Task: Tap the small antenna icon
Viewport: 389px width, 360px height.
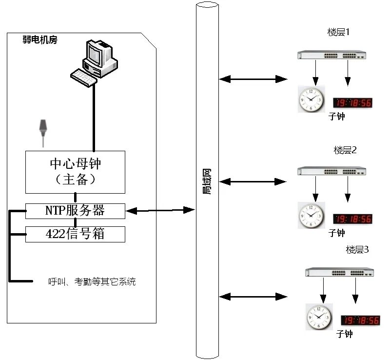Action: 43,129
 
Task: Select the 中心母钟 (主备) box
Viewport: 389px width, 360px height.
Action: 75,172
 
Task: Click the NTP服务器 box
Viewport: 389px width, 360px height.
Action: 75,211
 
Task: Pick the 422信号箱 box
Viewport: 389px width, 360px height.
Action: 75,234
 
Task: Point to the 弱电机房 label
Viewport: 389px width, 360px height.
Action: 40,40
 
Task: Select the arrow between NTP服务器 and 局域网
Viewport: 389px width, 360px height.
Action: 160,210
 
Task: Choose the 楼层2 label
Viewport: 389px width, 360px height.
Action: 345,150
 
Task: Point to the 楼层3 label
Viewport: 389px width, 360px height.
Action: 357,250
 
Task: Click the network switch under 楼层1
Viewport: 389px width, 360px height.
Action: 331,55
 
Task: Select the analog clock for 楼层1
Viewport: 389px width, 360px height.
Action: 311,99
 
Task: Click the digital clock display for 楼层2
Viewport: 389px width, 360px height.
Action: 352,219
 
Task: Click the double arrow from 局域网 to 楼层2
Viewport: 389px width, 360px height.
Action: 253,181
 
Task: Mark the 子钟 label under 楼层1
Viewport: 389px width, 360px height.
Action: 336,117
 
